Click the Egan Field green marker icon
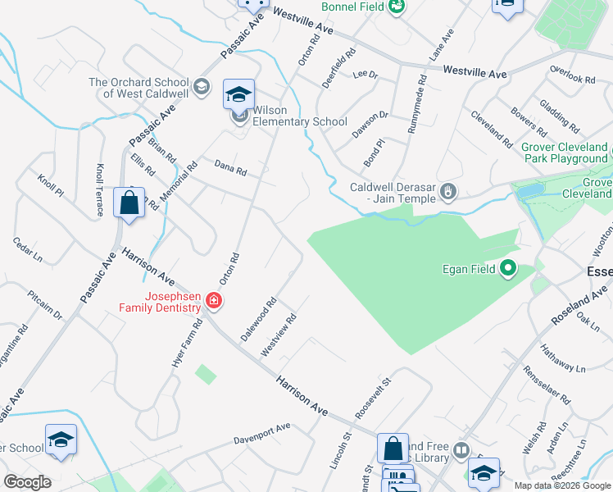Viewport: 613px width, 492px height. [x=508, y=268]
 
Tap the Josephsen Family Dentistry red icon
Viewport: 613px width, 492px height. [x=214, y=301]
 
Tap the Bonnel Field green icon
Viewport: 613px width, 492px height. [x=397, y=7]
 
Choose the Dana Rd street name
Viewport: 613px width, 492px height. [x=230, y=169]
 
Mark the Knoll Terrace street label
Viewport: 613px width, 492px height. [x=100, y=189]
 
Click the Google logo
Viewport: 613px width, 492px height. [x=27, y=482]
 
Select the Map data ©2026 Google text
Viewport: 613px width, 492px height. [x=561, y=485]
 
